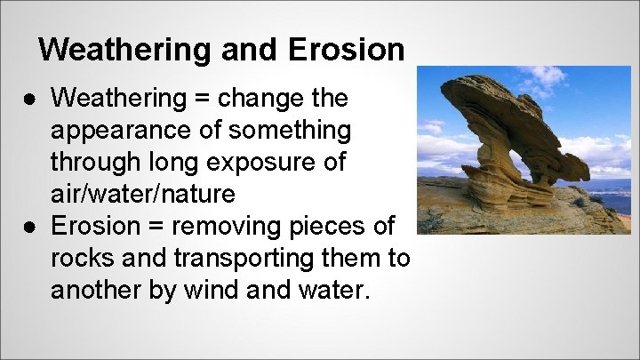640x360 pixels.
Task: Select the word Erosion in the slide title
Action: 347,49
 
